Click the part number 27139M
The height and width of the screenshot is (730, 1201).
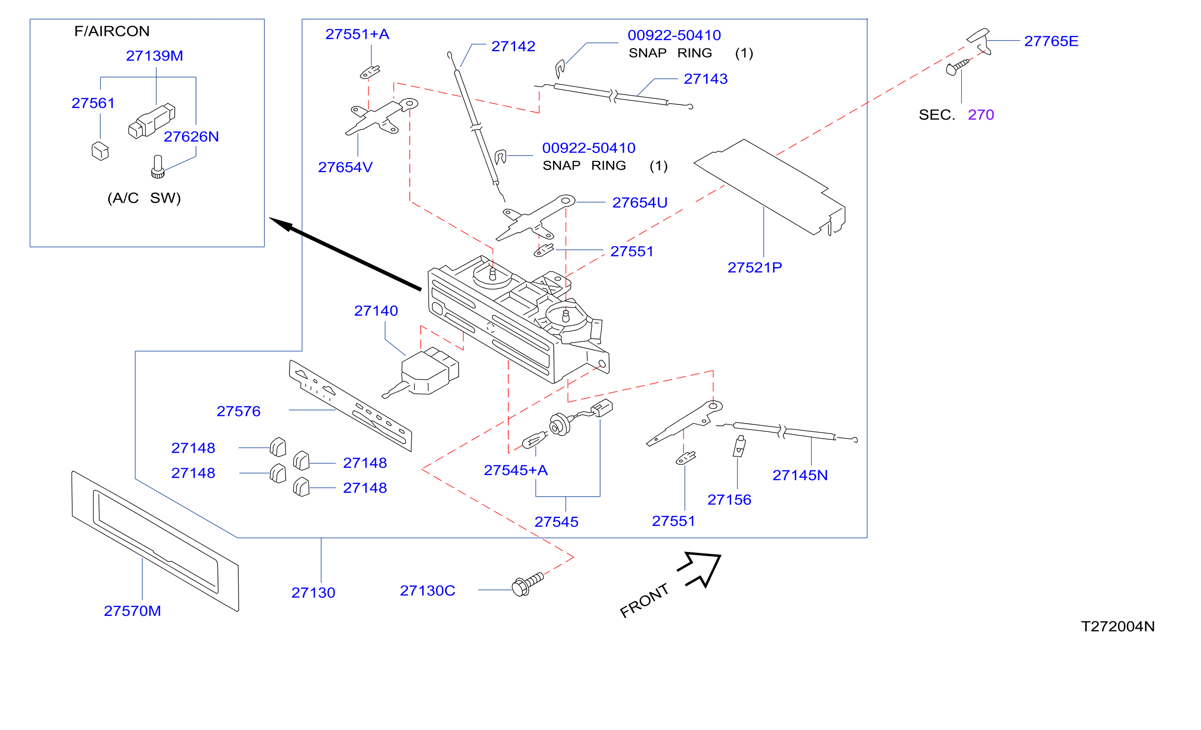154,56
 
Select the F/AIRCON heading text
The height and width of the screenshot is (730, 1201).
112,31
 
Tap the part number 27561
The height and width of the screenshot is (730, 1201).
93,103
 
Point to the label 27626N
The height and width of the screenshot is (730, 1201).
191,137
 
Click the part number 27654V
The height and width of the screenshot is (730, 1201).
345,168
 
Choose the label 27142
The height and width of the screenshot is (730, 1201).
513,47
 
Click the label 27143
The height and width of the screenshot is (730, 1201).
706,79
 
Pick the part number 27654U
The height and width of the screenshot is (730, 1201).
640,203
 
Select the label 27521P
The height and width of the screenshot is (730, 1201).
755,268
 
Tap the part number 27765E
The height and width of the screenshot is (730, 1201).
1051,41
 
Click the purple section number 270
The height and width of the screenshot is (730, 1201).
981,115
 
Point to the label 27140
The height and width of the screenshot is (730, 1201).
376,311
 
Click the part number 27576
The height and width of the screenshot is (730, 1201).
239,411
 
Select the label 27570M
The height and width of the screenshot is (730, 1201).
132,611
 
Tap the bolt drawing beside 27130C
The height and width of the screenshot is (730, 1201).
527,584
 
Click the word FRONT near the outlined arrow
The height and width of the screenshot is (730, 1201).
644,601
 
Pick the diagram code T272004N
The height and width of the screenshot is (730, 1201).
1117,627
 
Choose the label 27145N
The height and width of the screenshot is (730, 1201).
800,476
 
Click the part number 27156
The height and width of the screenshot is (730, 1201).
729,500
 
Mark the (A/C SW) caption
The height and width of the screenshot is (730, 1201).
144,198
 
